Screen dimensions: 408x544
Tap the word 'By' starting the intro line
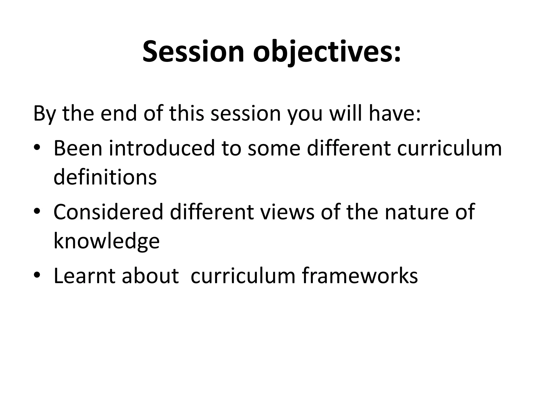(44, 113)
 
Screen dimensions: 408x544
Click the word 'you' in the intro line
(305, 113)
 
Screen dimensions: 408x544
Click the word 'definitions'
(105, 177)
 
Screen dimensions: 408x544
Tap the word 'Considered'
(108, 212)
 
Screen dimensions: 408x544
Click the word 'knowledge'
(107, 241)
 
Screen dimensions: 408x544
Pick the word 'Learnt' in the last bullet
(84, 276)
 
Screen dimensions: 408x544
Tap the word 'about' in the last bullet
(150, 276)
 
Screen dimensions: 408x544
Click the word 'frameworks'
(360, 276)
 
